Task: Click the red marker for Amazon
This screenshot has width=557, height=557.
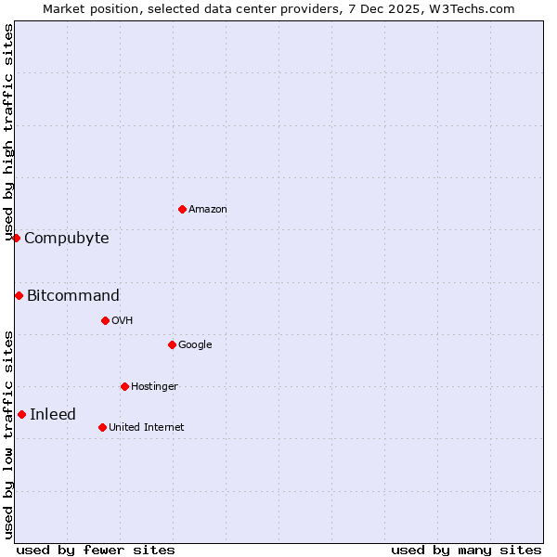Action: (182, 209)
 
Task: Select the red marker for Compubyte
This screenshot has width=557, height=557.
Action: (16, 238)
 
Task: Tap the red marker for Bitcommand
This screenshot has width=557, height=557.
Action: (19, 295)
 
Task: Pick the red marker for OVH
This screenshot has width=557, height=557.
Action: (105, 320)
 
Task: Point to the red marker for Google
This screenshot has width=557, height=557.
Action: (172, 344)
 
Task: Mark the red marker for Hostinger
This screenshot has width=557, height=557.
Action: (124, 386)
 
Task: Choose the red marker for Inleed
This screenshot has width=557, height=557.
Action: (21, 414)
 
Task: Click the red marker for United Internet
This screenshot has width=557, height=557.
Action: (102, 427)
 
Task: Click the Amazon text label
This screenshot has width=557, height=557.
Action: (208, 210)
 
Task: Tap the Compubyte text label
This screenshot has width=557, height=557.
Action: (67, 239)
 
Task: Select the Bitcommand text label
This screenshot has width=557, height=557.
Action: (73, 296)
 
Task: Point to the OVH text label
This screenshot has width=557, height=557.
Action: (123, 321)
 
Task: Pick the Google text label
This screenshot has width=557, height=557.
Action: (195, 345)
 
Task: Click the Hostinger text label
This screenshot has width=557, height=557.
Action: (154, 387)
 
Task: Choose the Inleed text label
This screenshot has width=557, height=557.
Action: (53, 415)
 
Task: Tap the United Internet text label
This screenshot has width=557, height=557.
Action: (147, 428)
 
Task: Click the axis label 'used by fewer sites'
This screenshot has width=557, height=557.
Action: (96, 550)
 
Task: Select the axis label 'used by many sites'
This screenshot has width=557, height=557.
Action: (466, 550)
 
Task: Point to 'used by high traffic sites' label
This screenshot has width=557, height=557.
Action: (8, 132)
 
